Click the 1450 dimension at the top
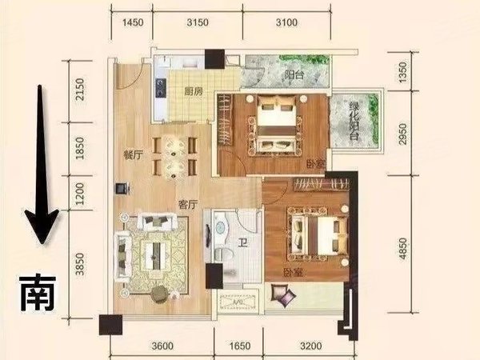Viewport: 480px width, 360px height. (133, 23)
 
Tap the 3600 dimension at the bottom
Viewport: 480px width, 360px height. (162, 346)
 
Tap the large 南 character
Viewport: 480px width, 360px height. (37, 293)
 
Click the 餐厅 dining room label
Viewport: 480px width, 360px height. (133, 155)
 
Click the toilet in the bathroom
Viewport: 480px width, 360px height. (219, 234)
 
